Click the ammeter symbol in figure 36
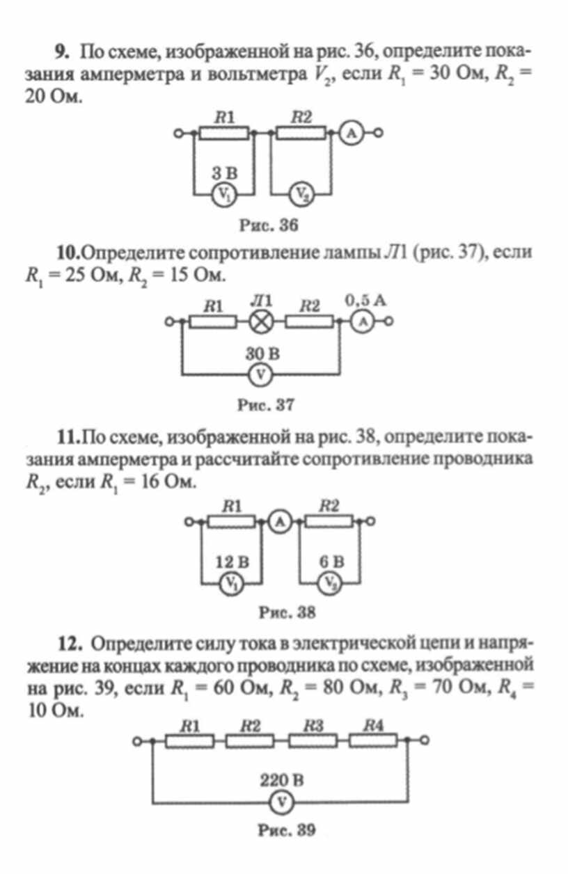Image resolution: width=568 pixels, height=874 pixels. (x=352, y=133)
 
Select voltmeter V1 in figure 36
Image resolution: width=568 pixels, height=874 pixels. (x=224, y=194)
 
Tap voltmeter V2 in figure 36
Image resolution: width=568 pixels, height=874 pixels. (x=301, y=194)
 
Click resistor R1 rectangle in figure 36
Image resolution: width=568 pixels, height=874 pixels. (x=224, y=133)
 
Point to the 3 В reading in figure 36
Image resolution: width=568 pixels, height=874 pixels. (x=224, y=173)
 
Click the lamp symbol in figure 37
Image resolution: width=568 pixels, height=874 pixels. (x=261, y=322)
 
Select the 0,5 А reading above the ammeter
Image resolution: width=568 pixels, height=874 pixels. (x=365, y=301)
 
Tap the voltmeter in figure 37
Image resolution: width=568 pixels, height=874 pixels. (x=260, y=375)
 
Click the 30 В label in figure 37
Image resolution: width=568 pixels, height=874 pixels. (x=262, y=353)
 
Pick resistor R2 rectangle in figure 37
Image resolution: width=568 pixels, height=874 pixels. (x=310, y=322)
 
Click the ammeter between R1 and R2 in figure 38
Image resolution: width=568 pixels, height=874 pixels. (x=280, y=522)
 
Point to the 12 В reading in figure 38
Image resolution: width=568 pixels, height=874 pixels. (x=232, y=562)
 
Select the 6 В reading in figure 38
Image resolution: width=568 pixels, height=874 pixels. (x=332, y=562)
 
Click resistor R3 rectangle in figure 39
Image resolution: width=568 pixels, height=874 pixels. (x=313, y=740)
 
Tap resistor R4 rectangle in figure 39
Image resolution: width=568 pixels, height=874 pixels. (x=373, y=740)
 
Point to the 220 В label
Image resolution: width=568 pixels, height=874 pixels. (x=281, y=780)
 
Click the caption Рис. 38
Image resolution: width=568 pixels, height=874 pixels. (x=287, y=612)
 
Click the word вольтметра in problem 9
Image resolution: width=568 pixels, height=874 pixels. (x=258, y=74)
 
